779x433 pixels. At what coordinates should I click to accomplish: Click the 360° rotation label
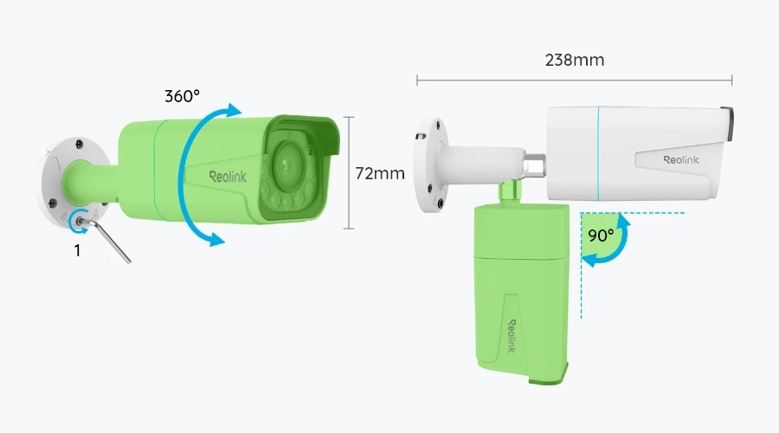point(183,96)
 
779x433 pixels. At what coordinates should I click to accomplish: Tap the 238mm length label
point(575,61)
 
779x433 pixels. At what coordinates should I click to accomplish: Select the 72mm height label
point(380,173)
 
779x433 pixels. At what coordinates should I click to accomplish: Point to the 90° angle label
point(602,235)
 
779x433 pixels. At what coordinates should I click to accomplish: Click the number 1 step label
point(77,250)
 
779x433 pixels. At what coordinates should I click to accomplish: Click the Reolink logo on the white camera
point(679,159)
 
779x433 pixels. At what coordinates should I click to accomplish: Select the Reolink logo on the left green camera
point(227,177)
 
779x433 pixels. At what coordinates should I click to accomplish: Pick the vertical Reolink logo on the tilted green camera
point(511,334)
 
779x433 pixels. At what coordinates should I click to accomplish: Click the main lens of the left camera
point(285,162)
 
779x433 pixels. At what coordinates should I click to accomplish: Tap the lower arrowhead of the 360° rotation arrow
point(213,239)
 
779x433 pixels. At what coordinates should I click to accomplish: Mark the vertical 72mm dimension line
point(349,173)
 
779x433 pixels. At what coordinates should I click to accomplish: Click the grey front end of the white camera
point(727,124)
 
